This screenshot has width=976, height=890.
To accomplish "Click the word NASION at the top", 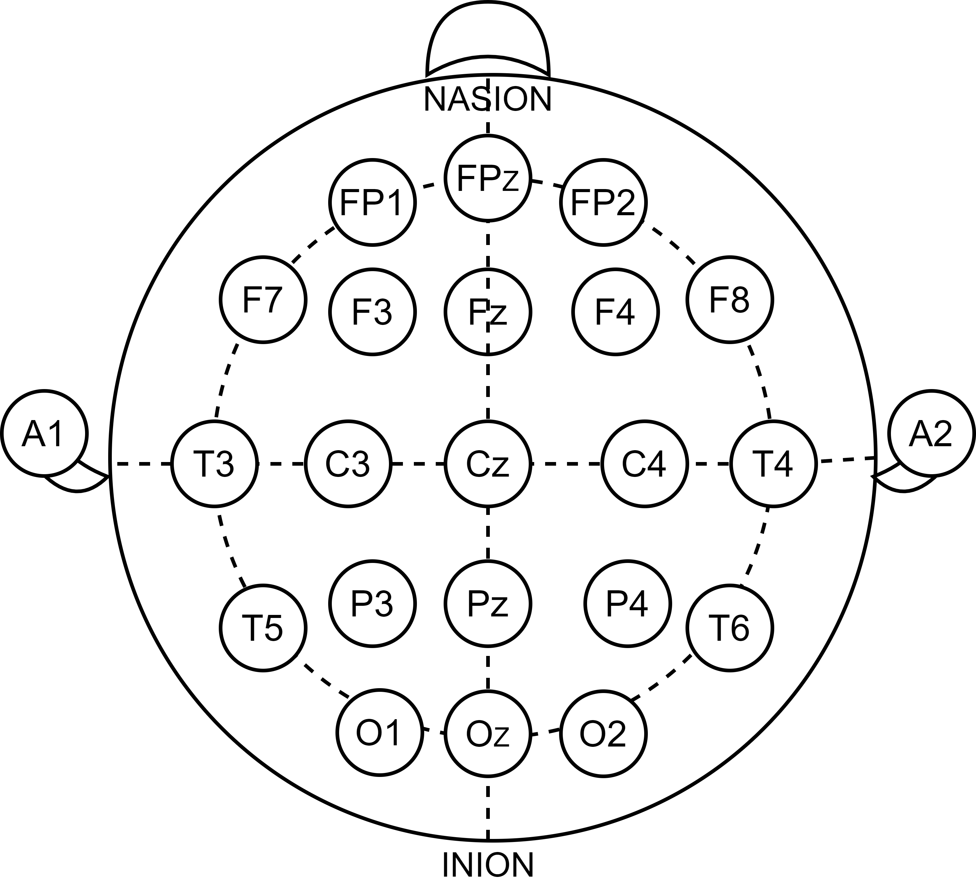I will coord(487,100).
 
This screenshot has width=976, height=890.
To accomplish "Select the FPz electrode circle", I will coord(487,178).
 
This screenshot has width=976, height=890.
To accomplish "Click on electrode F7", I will coord(263,300).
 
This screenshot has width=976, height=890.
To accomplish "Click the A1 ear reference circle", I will coord(43,433).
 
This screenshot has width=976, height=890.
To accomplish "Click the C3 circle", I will coord(348,464).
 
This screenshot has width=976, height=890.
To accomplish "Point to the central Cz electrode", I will coord(487,464).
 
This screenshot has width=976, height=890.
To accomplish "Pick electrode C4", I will coord(644,464).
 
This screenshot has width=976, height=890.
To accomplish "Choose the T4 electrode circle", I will coord(773,464).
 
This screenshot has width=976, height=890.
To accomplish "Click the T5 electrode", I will coord(263,628).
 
